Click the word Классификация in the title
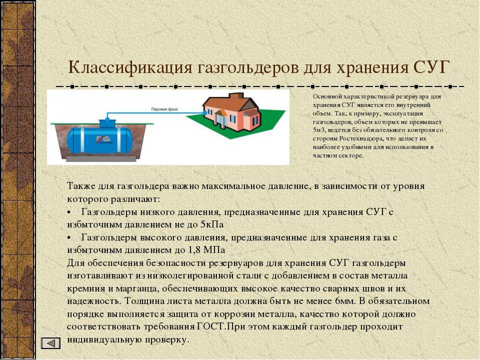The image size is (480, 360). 130,67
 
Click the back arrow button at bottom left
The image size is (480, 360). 50,343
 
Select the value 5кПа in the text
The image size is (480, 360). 212,224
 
